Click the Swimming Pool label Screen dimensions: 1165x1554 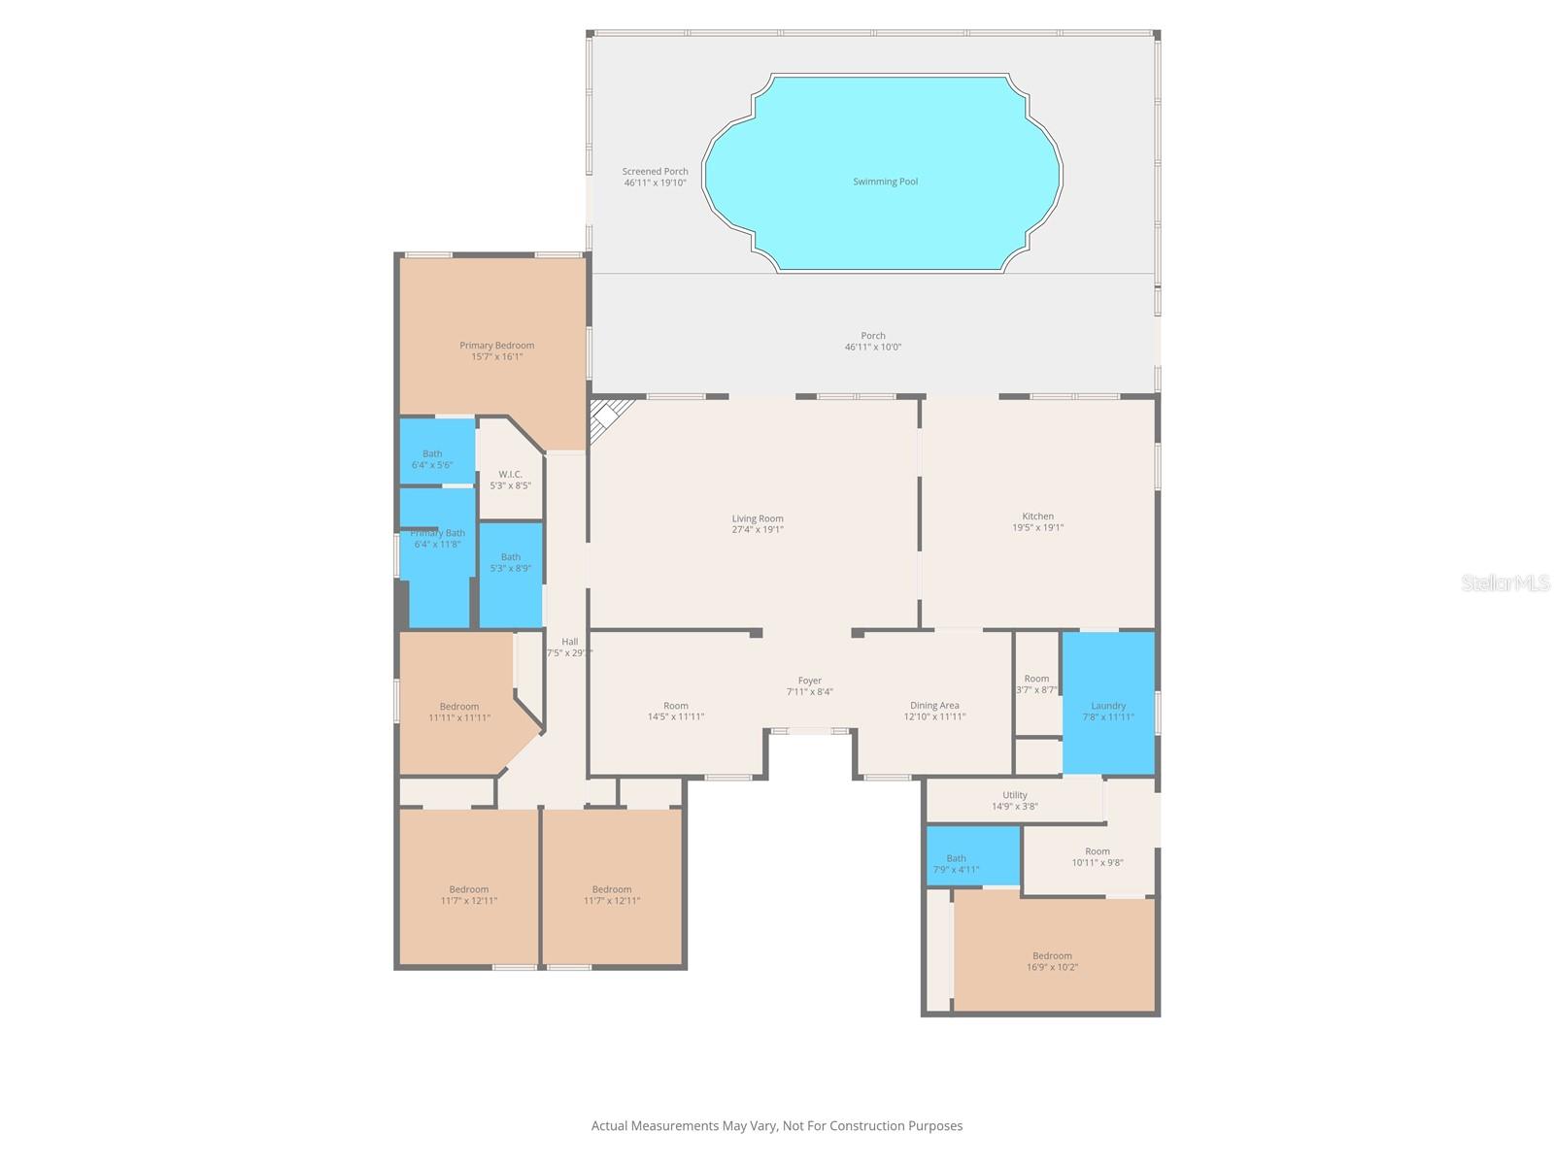(x=885, y=182)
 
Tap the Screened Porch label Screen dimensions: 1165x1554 (x=655, y=172)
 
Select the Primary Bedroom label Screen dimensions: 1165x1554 (x=496, y=346)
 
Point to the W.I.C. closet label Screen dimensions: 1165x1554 (x=510, y=475)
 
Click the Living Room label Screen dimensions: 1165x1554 (x=758, y=518)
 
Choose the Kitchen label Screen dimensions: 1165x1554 (x=1037, y=516)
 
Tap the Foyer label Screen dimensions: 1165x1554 (x=809, y=682)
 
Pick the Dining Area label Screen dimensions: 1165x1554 (x=934, y=706)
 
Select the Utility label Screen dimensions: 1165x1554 (x=1014, y=795)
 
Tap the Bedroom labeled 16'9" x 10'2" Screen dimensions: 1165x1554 (x=1053, y=956)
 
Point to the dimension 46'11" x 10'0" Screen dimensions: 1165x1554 (x=872, y=348)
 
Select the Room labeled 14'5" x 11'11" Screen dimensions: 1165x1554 (x=676, y=706)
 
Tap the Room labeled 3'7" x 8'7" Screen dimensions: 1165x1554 (x=1036, y=679)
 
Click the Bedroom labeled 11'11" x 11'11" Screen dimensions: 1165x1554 (x=458, y=707)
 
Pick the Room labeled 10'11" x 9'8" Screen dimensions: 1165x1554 (x=1097, y=851)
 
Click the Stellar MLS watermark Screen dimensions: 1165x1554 (x=1504, y=583)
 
